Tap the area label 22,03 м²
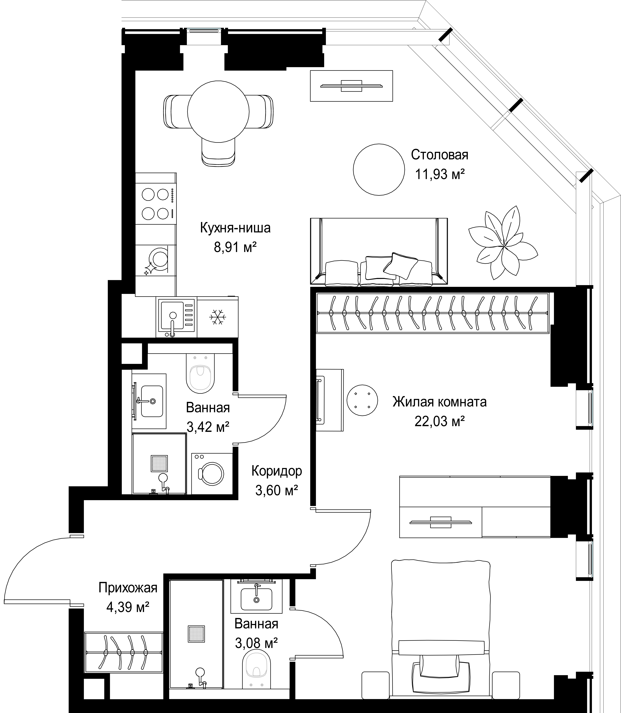tap(439, 422)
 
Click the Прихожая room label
tap(128, 588)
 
